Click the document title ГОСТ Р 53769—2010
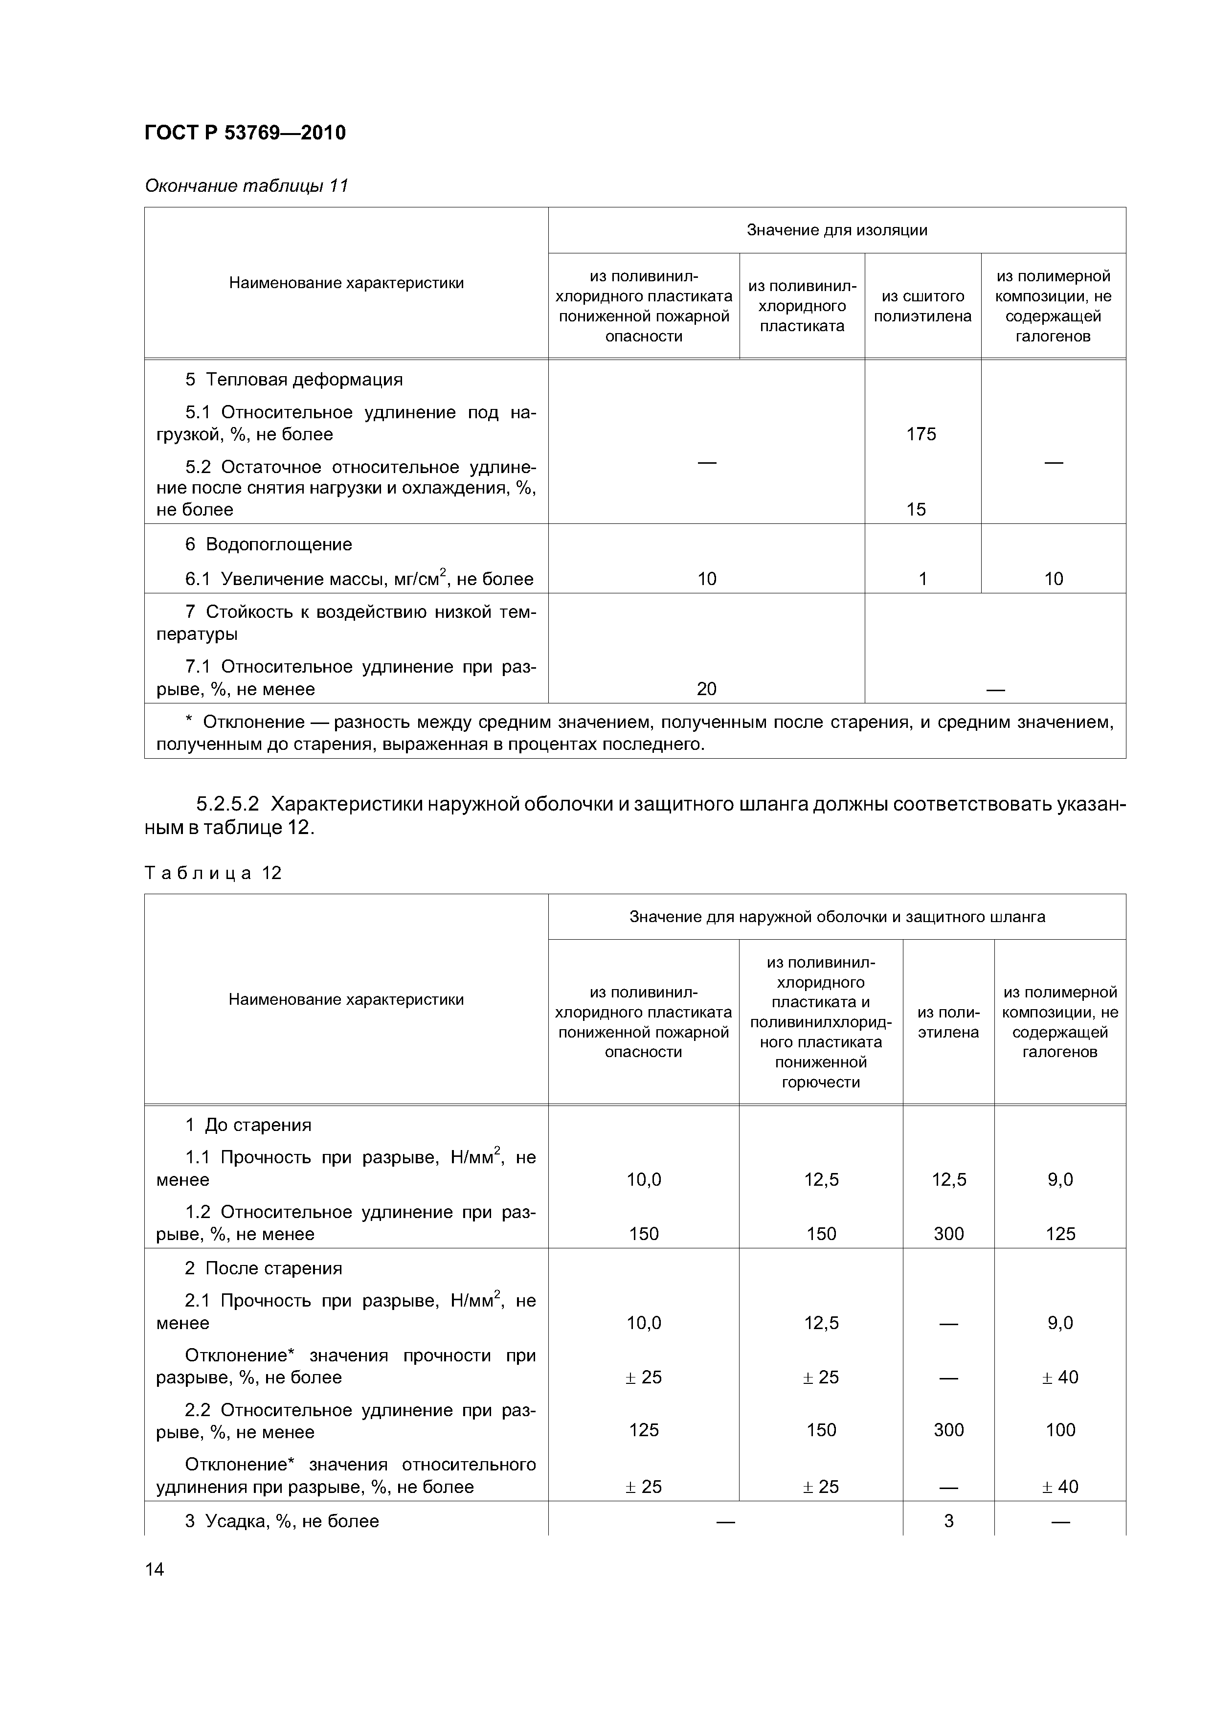click(x=245, y=133)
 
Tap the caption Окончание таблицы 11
click(x=247, y=185)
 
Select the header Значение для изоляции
click(x=836, y=230)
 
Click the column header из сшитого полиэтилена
click(x=922, y=306)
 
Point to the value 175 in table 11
click(x=921, y=434)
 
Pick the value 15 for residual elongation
click(x=916, y=510)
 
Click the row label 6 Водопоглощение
click(x=269, y=544)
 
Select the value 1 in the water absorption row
click(x=922, y=579)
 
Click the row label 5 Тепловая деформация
click(x=294, y=380)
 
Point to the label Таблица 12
click(x=213, y=873)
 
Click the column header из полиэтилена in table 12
click(x=948, y=1022)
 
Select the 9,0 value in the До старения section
click(x=1060, y=1179)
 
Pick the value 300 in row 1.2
click(x=948, y=1234)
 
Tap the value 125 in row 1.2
click(x=1060, y=1234)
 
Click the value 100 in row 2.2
click(x=1060, y=1430)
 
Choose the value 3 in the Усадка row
click(x=948, y=1521)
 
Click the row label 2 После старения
click(x=263, y=1268)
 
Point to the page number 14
click(x=154, y=1570)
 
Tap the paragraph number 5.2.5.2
click(x=227, y=805)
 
